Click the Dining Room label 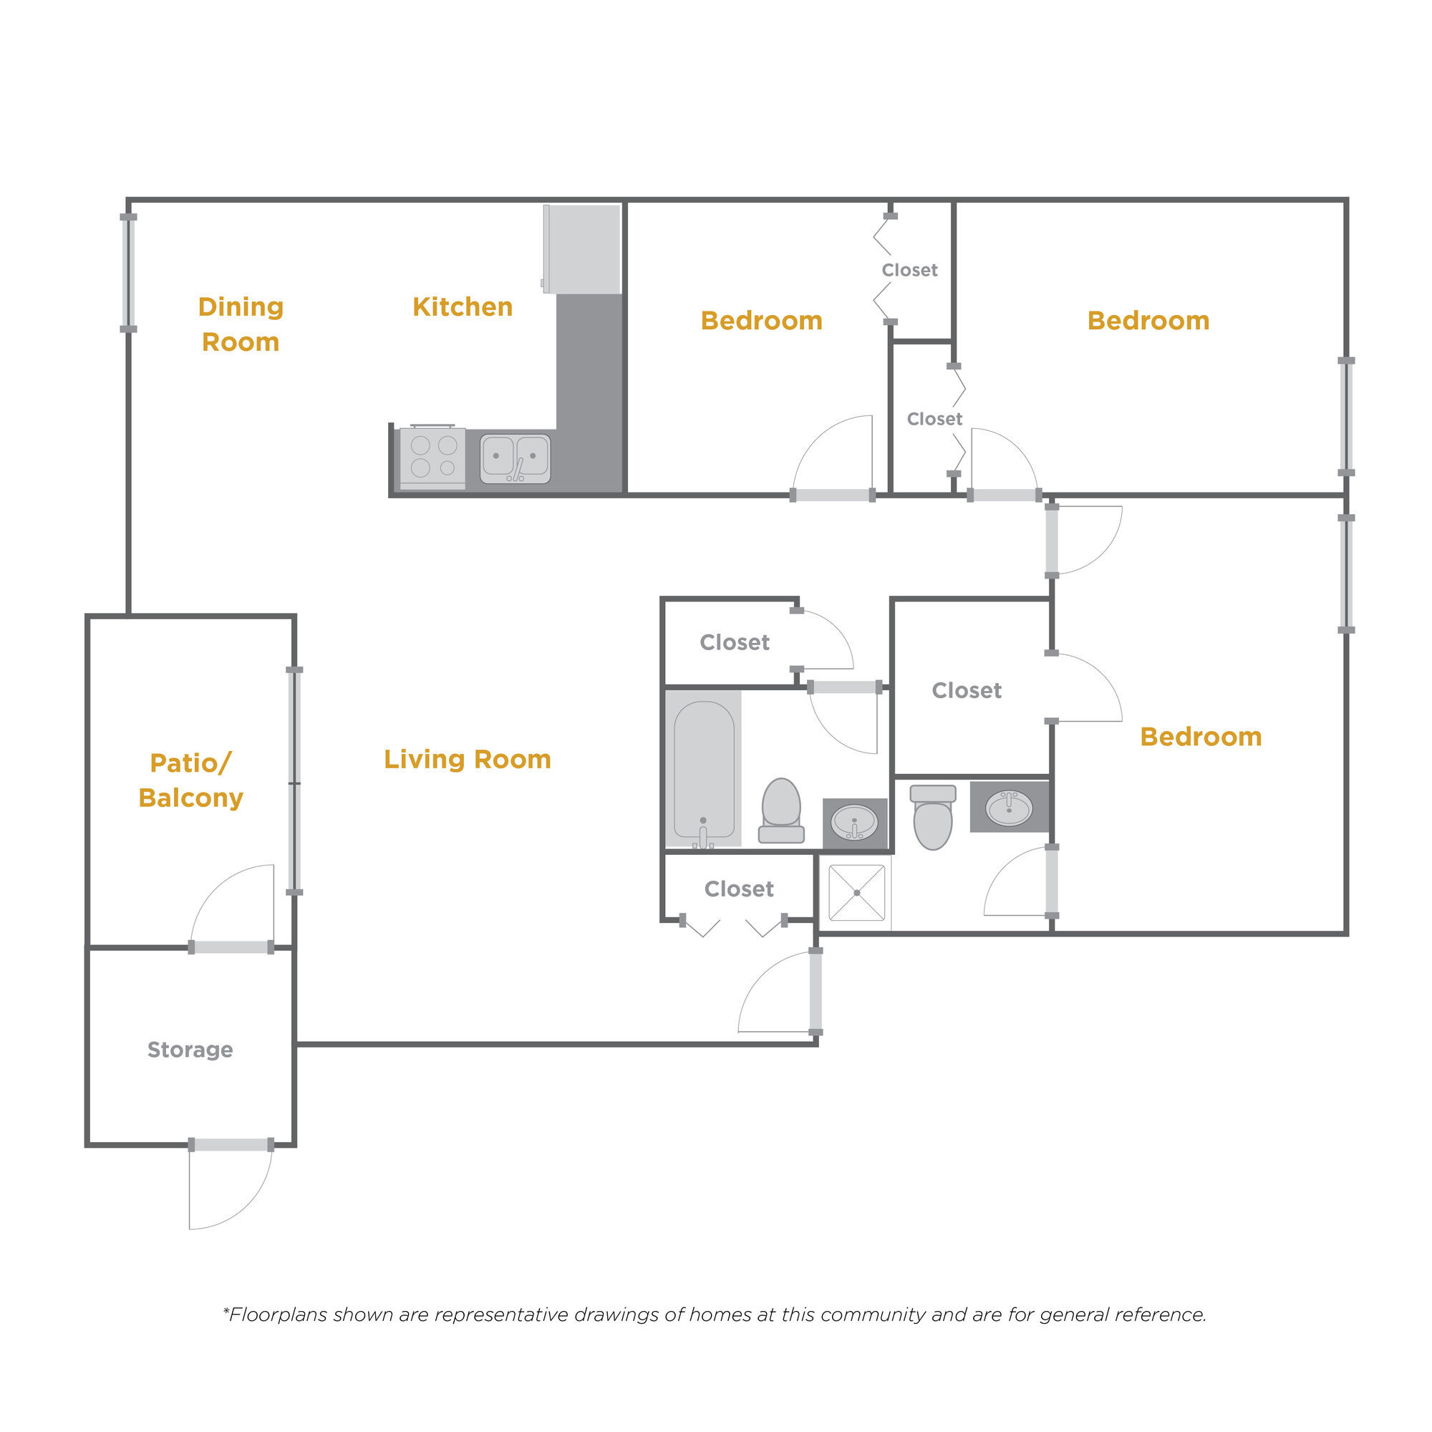[241, 324]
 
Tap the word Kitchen [463, 307]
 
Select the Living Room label [467, 759]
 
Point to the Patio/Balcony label [190, 780]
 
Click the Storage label [190, 1050]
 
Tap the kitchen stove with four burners [433, 457]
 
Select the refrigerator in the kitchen [583, 249]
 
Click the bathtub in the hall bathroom [704, 770]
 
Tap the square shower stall [857, 892]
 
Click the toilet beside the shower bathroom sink [932, 817]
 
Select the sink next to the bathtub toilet [855, 823]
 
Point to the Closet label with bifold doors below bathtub [739, 889]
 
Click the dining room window [128, 273]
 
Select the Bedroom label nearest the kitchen [761, 320]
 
